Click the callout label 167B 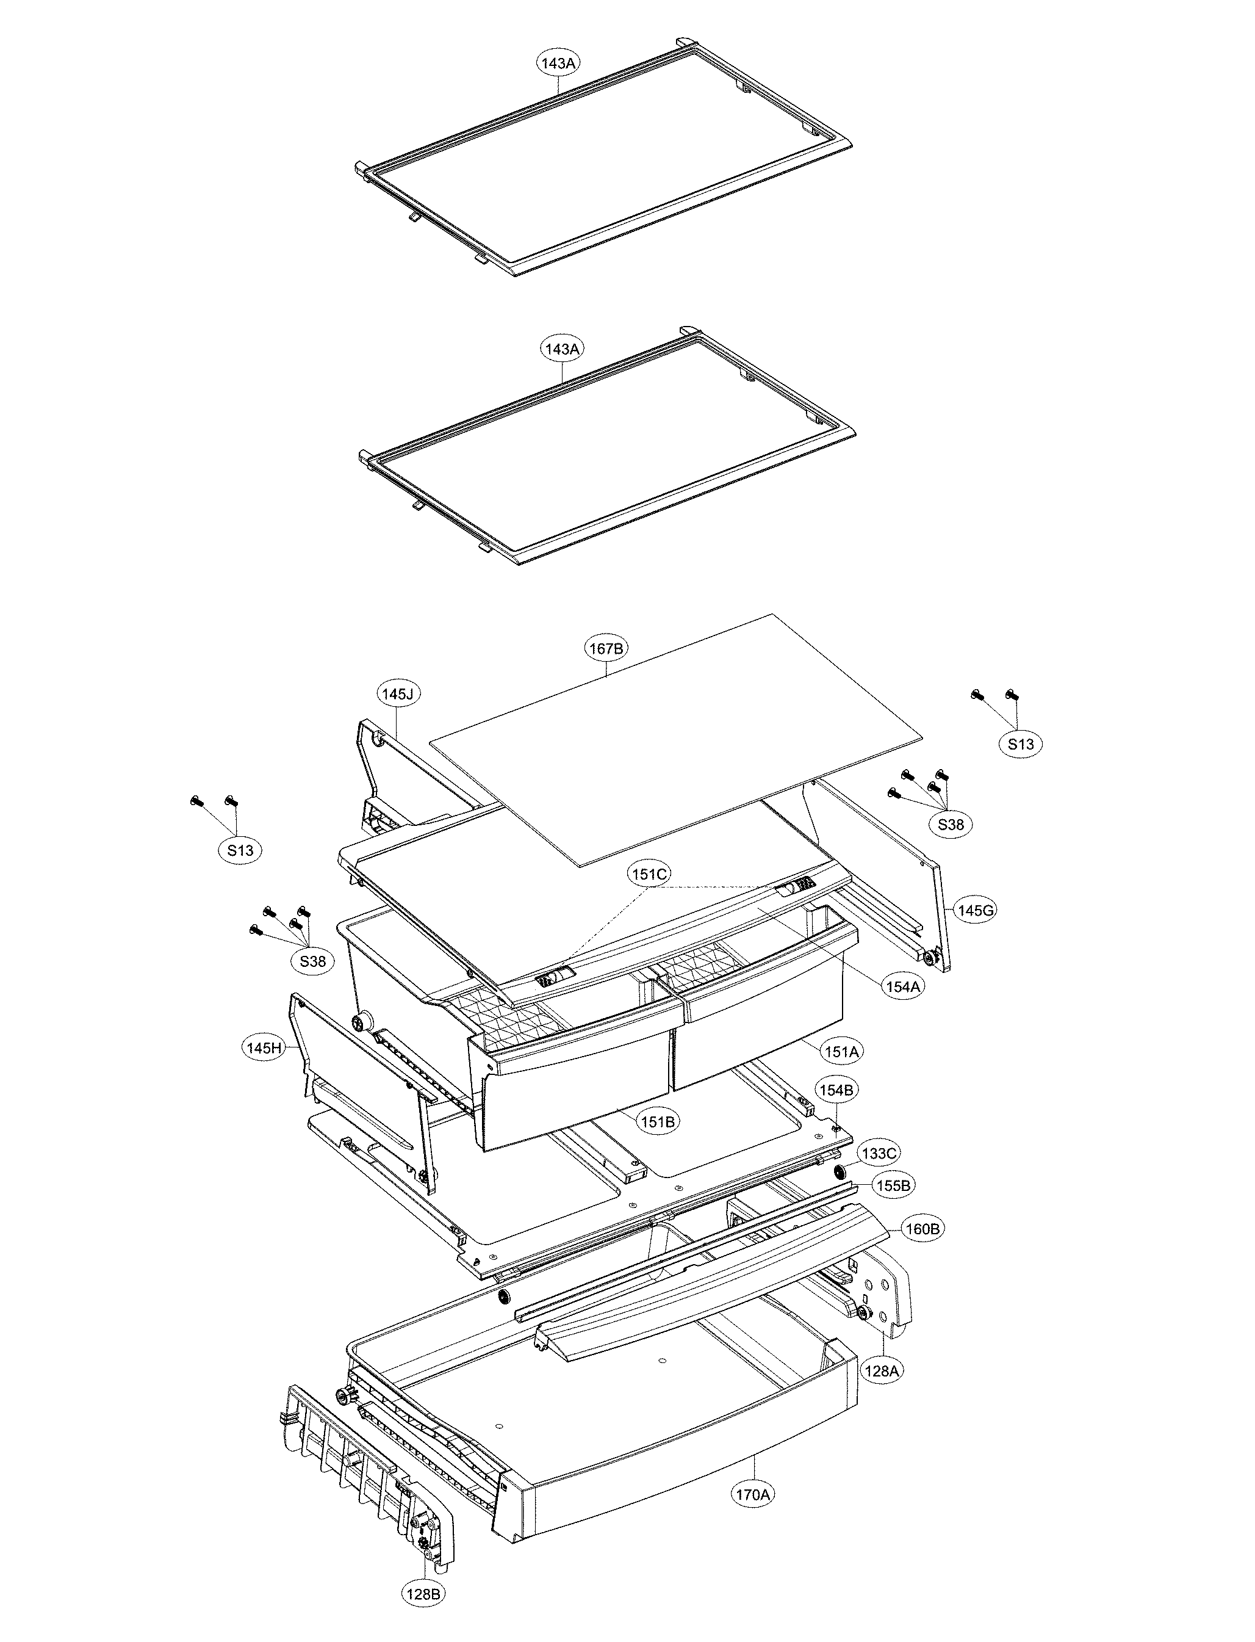pos(605,649)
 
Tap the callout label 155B pos(893,1185)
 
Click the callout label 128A pos(882,1372)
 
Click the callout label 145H pos(264,1048)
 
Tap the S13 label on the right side pos(1021,744)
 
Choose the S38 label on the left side pos(312,961)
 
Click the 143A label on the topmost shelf pos(558,63)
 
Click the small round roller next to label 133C pos(839,1170)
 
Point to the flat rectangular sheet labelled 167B pos(672,740)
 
